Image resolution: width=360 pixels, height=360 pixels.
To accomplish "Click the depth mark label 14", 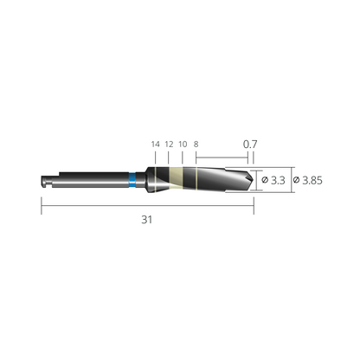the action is coord(156,145).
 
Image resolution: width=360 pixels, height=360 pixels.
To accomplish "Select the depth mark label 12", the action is coord(169,145).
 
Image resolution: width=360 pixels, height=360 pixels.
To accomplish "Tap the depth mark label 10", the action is coord(183,145).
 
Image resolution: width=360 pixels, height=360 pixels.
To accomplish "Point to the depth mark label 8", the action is coord(196,145).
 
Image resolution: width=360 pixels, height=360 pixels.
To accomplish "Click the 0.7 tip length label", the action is coord(250,144).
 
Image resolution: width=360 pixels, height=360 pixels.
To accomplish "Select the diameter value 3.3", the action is coord(278,180).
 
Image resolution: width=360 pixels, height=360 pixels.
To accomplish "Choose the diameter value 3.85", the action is coord(312,180).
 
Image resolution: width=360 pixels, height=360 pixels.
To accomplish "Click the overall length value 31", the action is coord(146,220).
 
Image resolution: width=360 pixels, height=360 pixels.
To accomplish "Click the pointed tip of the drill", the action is coord(254,180).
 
